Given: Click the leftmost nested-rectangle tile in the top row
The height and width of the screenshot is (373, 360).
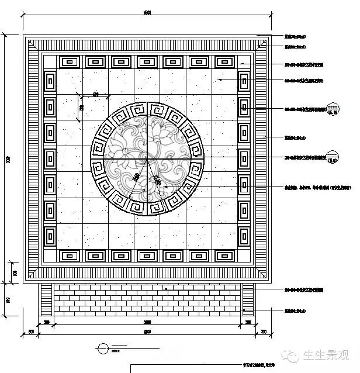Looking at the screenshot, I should tap(70, 61).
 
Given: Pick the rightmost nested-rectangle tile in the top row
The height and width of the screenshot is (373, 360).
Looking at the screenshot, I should tap(225, 61).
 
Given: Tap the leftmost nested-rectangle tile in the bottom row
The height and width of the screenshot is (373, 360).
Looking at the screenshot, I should tap(70, 255).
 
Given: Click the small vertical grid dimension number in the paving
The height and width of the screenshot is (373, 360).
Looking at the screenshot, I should tap(81, 107).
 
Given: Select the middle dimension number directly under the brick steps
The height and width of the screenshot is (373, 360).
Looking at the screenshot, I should tap(147, 322).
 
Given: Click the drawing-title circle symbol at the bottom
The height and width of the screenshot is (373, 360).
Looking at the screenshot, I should tap(103, 348).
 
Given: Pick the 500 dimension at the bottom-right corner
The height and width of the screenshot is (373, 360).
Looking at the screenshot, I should tap(264, 332).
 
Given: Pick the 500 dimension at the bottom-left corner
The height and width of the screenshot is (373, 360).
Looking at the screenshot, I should tap(31, 332).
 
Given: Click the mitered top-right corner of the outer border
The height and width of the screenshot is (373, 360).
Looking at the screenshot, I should tap(264, 42).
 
